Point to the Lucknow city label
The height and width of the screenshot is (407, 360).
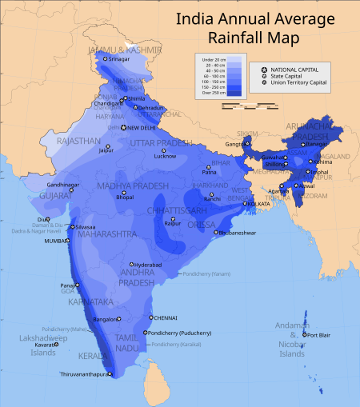(165, 156)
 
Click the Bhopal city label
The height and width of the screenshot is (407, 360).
(124, 196)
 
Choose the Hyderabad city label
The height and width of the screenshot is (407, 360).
(149, 264)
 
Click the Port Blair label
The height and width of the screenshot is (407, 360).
(318, 335)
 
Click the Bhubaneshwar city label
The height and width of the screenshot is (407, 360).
(238, 233)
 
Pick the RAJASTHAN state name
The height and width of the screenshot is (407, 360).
(78, 141)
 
